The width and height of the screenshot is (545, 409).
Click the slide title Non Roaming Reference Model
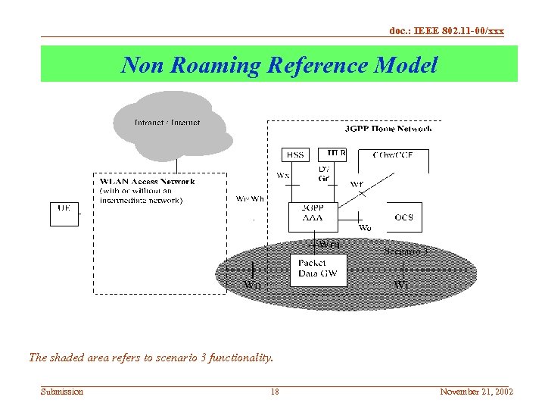(279, 65)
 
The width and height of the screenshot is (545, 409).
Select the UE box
(64, 213)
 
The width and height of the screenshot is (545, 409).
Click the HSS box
(295, 155)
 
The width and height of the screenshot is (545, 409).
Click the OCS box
(404, 217)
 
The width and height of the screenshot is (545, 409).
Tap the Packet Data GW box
(318, 269)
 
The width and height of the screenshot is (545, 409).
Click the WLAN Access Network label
(147, 182)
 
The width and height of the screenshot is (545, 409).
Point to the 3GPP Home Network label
(388, 129)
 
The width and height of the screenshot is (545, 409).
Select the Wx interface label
(282, 176)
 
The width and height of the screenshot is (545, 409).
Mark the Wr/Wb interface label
(250, 199)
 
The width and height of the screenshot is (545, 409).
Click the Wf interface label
(357, 184)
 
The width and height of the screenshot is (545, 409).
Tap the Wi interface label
(401, 285)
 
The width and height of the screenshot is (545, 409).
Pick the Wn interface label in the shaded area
(253, 285)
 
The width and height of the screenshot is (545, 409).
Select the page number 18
(275, 392)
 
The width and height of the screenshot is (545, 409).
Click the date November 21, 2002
(477, 392)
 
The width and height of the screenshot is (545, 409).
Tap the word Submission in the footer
(62, 392)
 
